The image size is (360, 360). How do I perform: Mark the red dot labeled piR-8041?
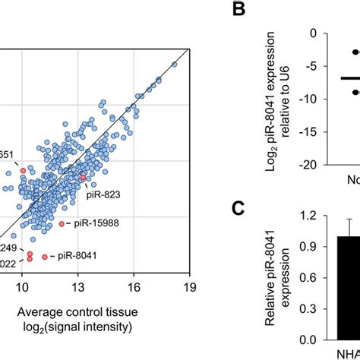(45, 257)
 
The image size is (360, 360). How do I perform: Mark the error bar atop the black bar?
(349, 228)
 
